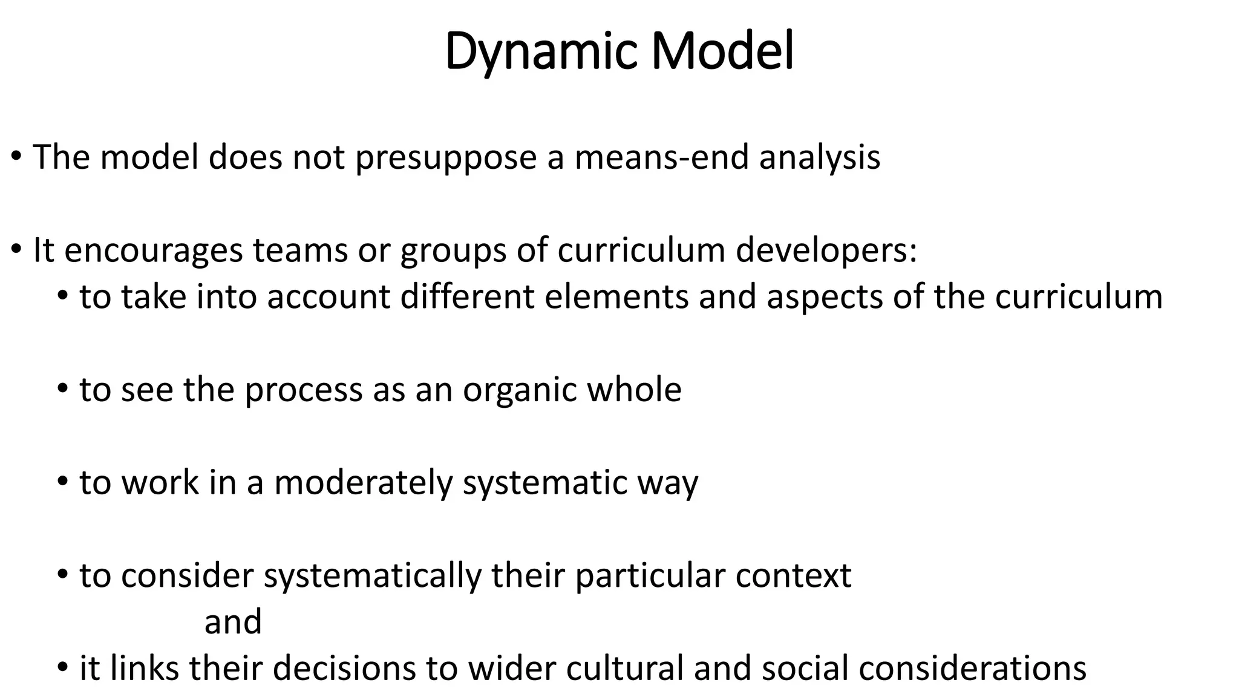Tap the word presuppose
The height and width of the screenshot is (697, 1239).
pyautogui.click(x=446, y=157)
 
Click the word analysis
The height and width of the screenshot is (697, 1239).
pyautogui.click(x=820, y=157)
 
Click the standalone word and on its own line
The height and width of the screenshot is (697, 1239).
pyautogui.click(x=233, y=622)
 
